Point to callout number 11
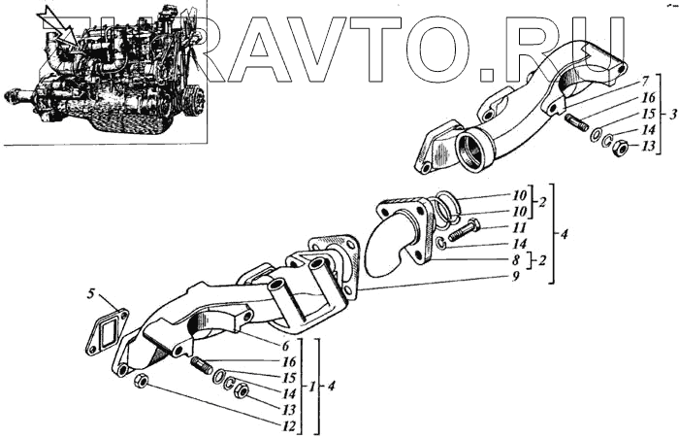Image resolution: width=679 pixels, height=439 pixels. pyautogui.click(x=520, y=226)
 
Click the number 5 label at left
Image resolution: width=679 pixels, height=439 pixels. pyautogui.click(x=90, y=291)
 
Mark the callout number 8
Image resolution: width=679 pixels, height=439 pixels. pyautogui.click(x=520, y=259)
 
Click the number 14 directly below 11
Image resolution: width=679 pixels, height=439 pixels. pyautogui.click(x=520, y=243)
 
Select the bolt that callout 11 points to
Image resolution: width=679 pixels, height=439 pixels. pyautogui.click(x=463, y=230)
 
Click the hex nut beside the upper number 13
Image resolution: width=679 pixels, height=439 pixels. pyautogui.click(x=622, y=148)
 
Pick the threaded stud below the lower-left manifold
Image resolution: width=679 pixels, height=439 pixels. pyautogui.click(x=204, y=367)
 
